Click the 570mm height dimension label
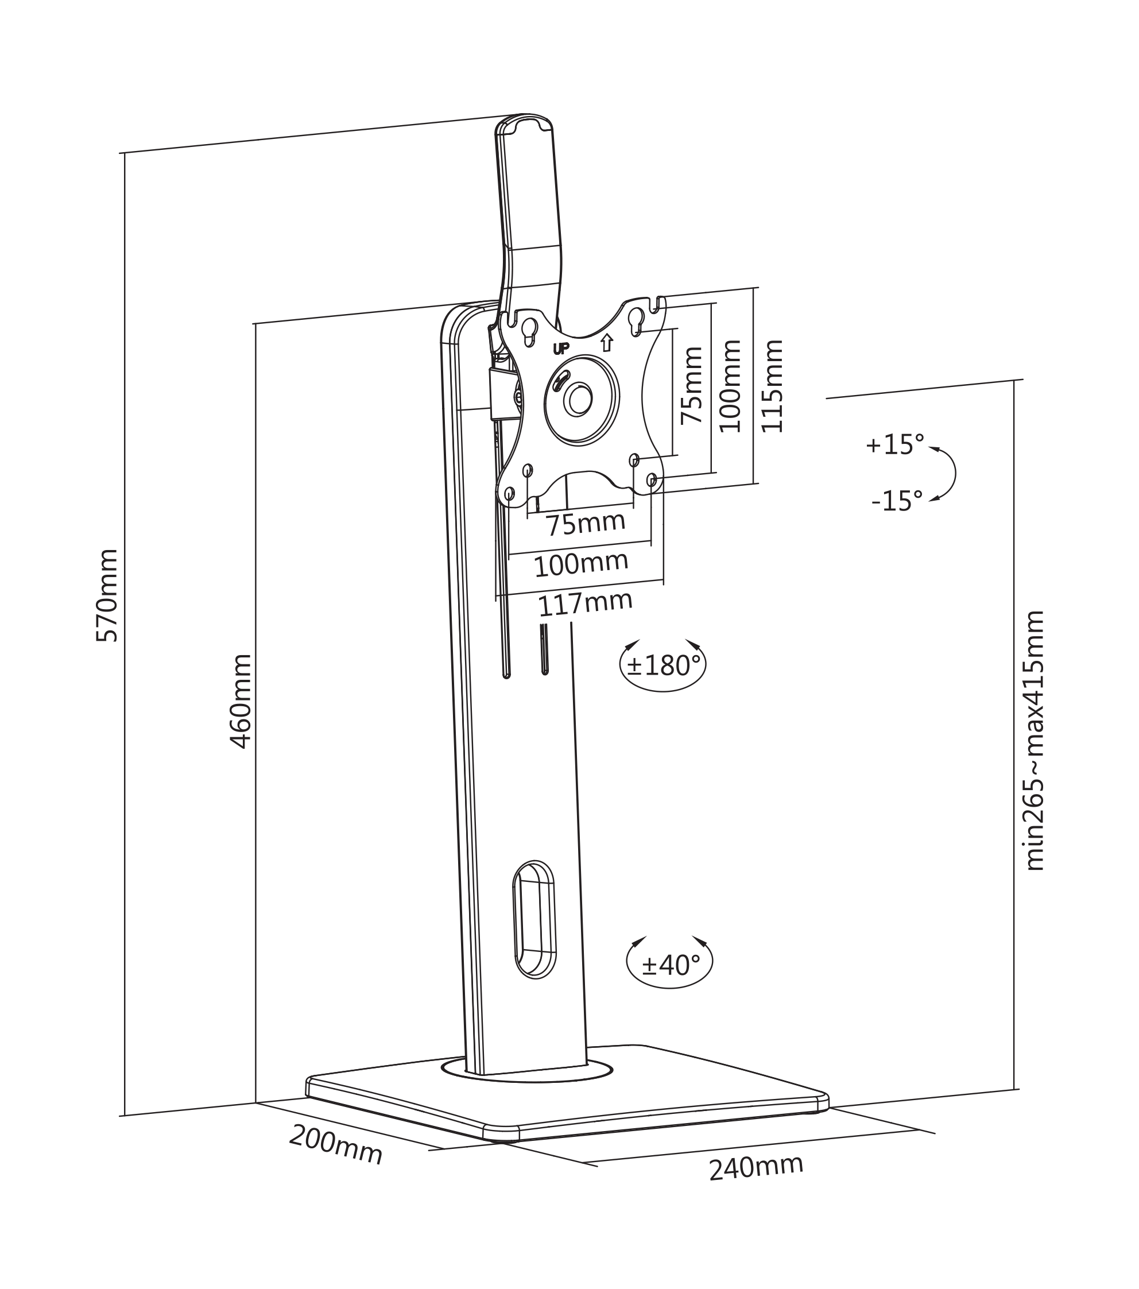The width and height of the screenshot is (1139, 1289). [x=107, y=595]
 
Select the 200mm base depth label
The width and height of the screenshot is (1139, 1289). [x=335, y=1144]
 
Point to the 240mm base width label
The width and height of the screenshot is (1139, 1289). [x=756, y=1167]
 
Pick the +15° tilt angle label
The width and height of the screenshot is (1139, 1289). [x=894, y=444]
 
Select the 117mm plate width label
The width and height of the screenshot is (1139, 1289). [x=584, y=603]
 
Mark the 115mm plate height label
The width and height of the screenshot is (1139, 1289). [x=772, y=386]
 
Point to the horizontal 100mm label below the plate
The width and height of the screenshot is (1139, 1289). [x=581, y=564]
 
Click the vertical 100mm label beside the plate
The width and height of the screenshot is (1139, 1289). [x=730, y=386]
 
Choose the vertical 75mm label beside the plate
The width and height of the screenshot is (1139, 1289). [x=691, y=385]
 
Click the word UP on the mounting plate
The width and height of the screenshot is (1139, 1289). [x=561, y=349]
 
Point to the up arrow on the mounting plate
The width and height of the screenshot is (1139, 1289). [x=607, y=342]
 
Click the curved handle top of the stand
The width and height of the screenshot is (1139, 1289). [x=525, y=123]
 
